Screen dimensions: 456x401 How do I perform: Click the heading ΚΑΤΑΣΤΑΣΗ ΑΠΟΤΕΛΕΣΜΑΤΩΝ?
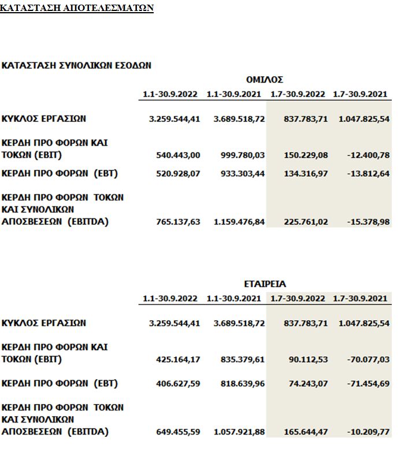(x=77, y=9)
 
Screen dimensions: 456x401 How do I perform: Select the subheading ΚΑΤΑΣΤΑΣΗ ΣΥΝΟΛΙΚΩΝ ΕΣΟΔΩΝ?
(x=76, y=65)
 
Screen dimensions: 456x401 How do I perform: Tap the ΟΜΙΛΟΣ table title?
(x=264, y=80)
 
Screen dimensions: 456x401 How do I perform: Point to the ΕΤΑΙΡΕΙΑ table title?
(x=265, y=284)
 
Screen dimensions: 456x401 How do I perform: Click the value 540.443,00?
(x=178, y=155)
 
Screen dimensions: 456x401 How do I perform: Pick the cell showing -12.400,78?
(x=369, y=155)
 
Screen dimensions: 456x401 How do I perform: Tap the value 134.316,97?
(x=306, y=173)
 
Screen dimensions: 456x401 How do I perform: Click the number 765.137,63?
(x=178, y=222)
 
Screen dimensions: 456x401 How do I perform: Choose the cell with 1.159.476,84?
(x=239, y=222)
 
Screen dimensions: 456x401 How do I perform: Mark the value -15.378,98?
(x=369, y=222)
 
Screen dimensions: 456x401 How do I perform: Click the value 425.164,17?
(x=178, y=359)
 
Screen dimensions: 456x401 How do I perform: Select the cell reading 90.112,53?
(x=308, y=359)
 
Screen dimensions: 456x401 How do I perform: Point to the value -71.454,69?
(x=369, y=384)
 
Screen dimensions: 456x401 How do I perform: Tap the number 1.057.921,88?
(x=239, y=432)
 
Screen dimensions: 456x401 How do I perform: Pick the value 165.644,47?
(x=306, y=432)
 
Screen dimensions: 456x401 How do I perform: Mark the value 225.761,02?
(x=306, y=222)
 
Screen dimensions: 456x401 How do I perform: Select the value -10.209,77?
(x=369, y=432)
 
